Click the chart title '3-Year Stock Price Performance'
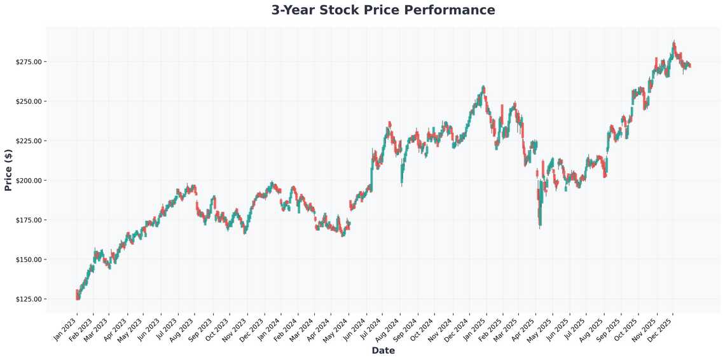tap(383, 10)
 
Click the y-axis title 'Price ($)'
tap(8, 170)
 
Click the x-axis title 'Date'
tap(383, 350)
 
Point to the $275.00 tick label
tap(29, 62)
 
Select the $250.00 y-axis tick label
tap(29, 101)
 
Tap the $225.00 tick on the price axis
tap(29, 141)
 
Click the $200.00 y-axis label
tap(29, 181)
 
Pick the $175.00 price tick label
tap(29, 220)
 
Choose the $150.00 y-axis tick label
tap(29, 260)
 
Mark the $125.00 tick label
tap(29, 299)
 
